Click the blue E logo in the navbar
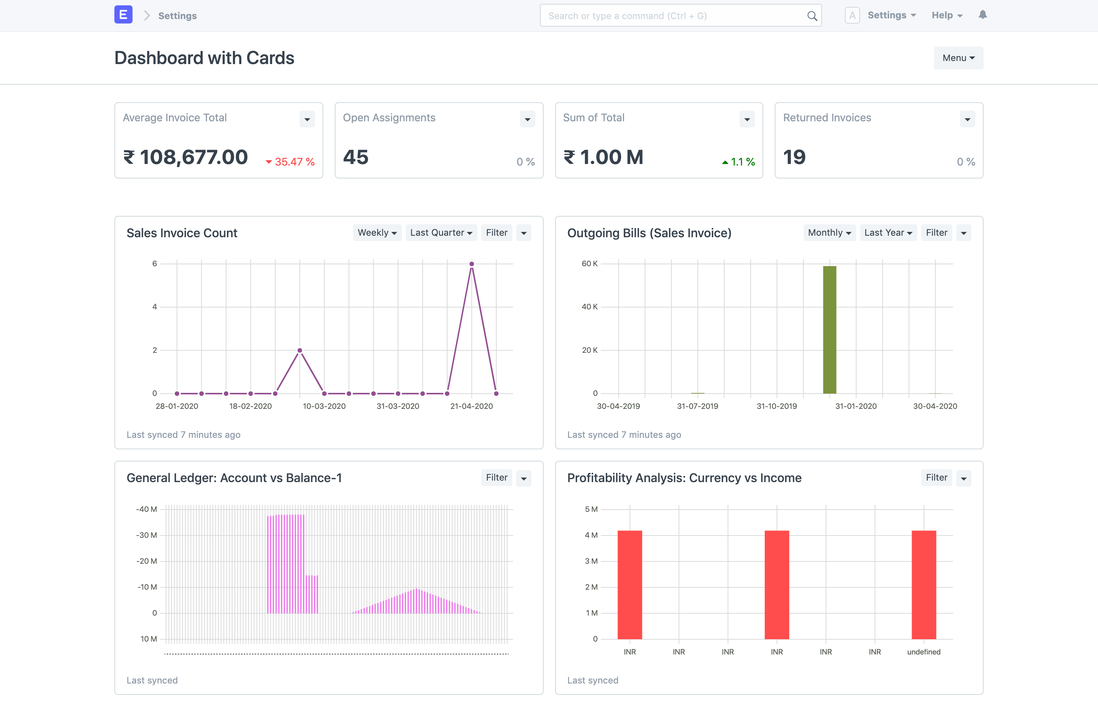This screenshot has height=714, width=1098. click(123, 15)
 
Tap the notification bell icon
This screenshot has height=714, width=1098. click(982, 15)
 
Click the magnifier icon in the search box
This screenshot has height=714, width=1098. click(812, 16)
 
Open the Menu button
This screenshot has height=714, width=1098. click(958, 58)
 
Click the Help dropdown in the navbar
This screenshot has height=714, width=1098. click(947, 15)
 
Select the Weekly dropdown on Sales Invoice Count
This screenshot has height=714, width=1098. click(377, 233)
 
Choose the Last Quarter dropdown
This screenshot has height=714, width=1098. click(441, 233)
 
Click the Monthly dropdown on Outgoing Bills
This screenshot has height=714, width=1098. click(829, 233)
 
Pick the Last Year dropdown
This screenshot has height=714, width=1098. click(888, 233)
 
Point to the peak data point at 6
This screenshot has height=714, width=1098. click(472, 264)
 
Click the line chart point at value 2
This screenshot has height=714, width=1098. click(300, 350)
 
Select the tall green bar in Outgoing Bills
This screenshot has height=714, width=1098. click(830, 330)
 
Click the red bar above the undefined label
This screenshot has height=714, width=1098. click(924, 585)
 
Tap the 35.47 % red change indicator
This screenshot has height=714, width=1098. click(290, 162)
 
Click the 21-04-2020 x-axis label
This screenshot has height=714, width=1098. click(472, 406)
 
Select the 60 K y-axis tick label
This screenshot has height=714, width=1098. click(589, 264)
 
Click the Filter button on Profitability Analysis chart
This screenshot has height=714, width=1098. click(936, 478)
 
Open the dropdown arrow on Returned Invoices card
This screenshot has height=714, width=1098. click(968, 119)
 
